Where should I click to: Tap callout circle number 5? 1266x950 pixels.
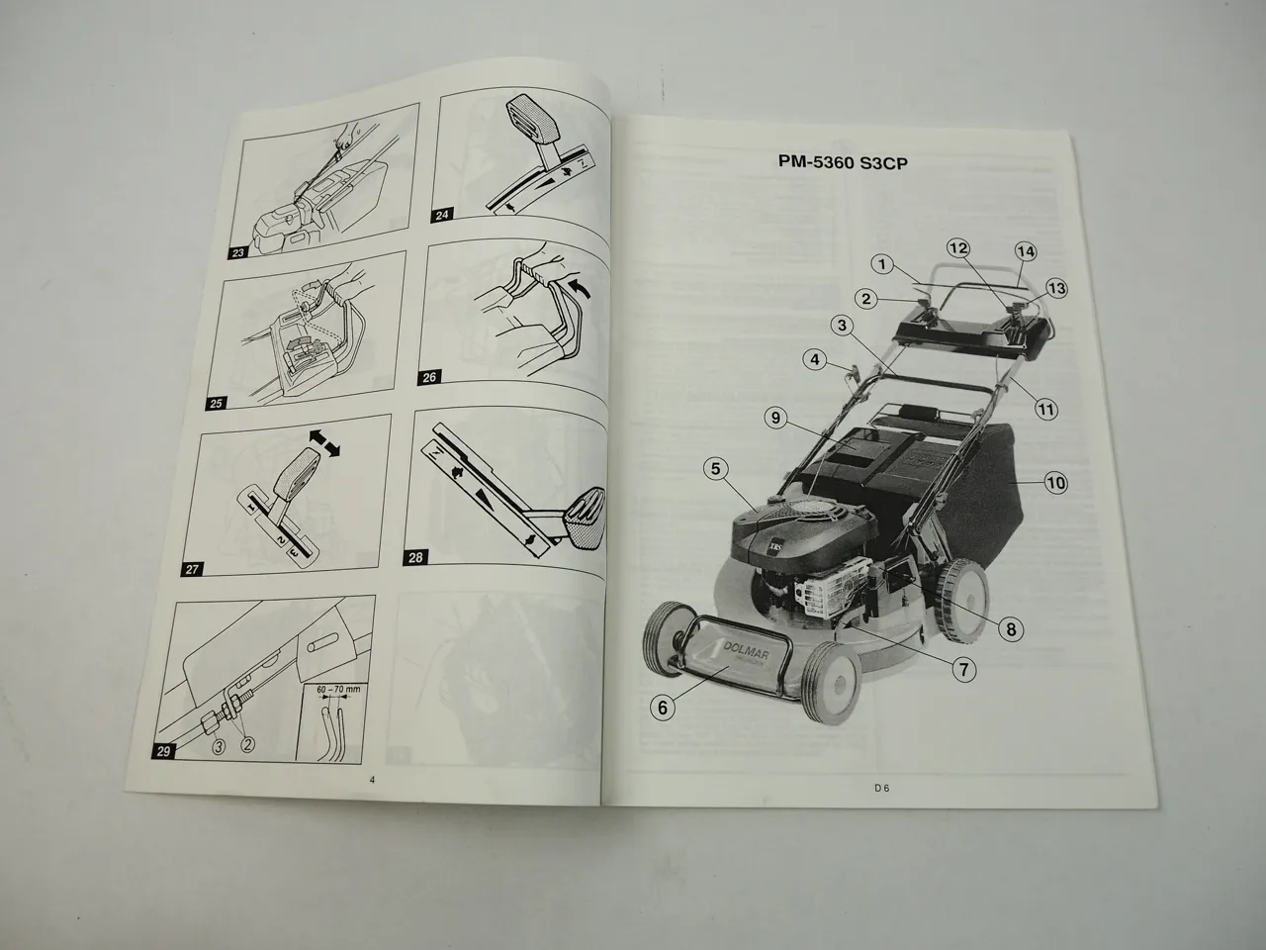[718, 468]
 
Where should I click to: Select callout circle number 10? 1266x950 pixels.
[1055, 483]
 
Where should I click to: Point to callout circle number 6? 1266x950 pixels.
[664, 707]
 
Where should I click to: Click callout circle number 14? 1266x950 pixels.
[1025, 252]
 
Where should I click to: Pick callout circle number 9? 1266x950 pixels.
[776, 419]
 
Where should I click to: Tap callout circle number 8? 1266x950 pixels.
[1010, 626]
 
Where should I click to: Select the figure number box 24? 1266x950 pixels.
[441, 214]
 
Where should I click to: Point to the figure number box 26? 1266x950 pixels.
[428, 376]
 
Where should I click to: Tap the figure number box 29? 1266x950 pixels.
[165, 751]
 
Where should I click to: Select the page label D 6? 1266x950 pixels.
[882, 788]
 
